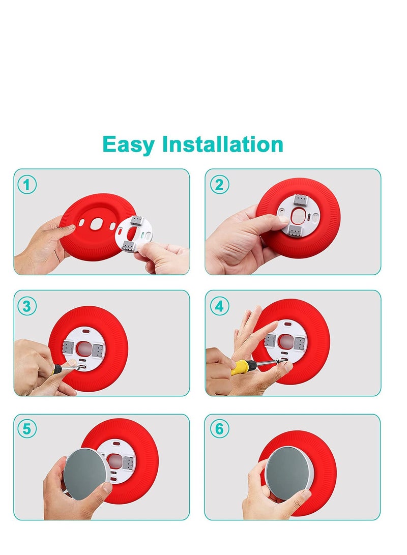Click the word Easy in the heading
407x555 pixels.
tap(129, 145)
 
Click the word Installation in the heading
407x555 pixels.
tap(222, 144)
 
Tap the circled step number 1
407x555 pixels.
tap(27, 184)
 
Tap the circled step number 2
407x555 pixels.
tap(219, 184)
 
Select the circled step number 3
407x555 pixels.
tap(27, 306)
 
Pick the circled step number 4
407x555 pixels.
tap(219, 306)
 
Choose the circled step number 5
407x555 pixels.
tap(27, 429)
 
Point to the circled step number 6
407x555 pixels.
tap(219, 429)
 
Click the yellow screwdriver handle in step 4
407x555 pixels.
tap(241, 367)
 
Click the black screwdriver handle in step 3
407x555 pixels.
tap(57, 369)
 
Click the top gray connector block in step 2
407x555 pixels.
tap(300, 201)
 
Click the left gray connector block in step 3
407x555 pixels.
tap(68, 348)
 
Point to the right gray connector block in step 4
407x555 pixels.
tap(300, 343)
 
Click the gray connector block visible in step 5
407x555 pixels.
tap(128, 463)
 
